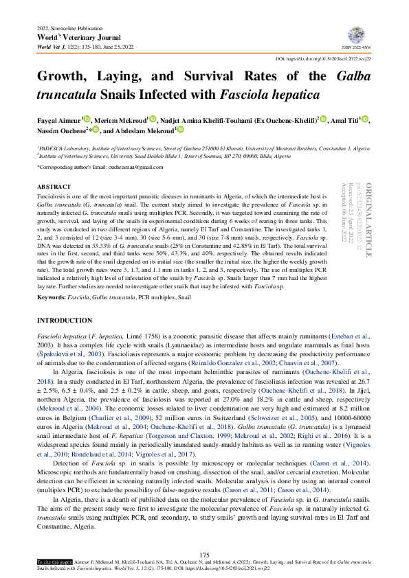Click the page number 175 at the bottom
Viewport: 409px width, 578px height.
(x=204, y=555)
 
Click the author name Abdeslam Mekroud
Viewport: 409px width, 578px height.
(x=146, y=130)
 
